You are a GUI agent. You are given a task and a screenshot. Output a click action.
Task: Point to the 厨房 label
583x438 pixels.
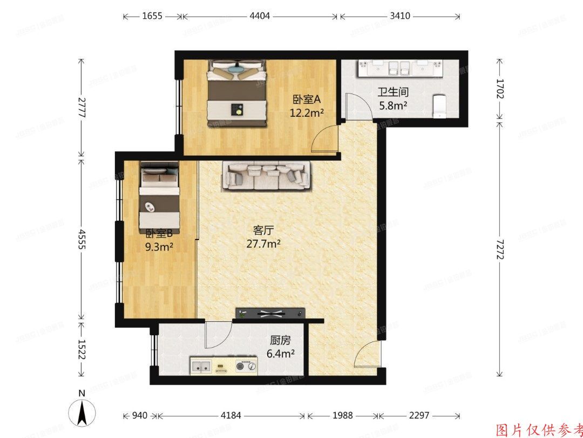click(x=280, y=341)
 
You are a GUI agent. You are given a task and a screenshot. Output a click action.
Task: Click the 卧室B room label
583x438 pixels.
click(x=159, y=234)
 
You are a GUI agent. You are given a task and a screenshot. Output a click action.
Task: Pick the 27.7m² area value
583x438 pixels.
click(x=263, y=244)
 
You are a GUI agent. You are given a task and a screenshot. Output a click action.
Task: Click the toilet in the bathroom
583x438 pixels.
click(x=440, y=106)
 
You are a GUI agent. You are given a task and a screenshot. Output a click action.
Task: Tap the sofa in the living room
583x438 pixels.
click(x=267, y=176)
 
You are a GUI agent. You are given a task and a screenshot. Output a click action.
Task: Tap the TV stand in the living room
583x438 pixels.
click(x=270, y=313)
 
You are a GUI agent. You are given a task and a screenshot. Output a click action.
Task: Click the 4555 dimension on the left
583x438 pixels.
click(x=82, y=238)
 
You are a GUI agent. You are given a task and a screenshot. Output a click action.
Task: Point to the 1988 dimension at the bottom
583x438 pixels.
click(x=342, y=415)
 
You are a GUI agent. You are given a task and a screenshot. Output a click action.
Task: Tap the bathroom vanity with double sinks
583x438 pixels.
click(x=399, y=69)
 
